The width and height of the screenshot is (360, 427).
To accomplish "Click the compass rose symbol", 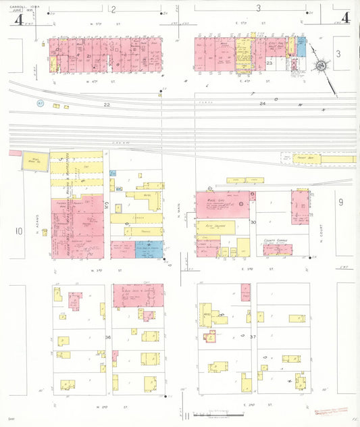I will (321, 66).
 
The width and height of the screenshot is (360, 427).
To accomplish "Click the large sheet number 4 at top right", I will (346, 18).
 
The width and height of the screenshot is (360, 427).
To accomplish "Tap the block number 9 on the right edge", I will (341, 201).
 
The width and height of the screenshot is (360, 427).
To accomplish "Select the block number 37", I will (253, 336).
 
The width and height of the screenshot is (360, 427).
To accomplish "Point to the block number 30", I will (253, 222).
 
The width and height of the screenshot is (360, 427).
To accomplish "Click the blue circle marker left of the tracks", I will (40, 104).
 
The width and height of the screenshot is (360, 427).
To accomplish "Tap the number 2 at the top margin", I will (113, 9).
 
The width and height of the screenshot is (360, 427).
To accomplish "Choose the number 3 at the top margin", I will (259, 9).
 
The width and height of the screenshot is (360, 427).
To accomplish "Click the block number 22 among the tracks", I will (107, 105).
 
